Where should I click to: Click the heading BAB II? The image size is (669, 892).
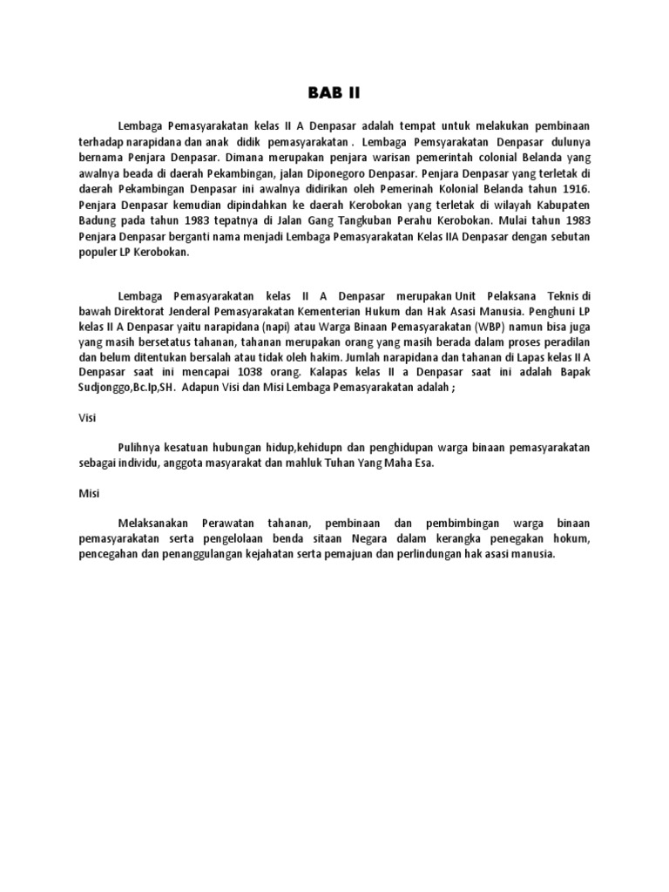point(334,93)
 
